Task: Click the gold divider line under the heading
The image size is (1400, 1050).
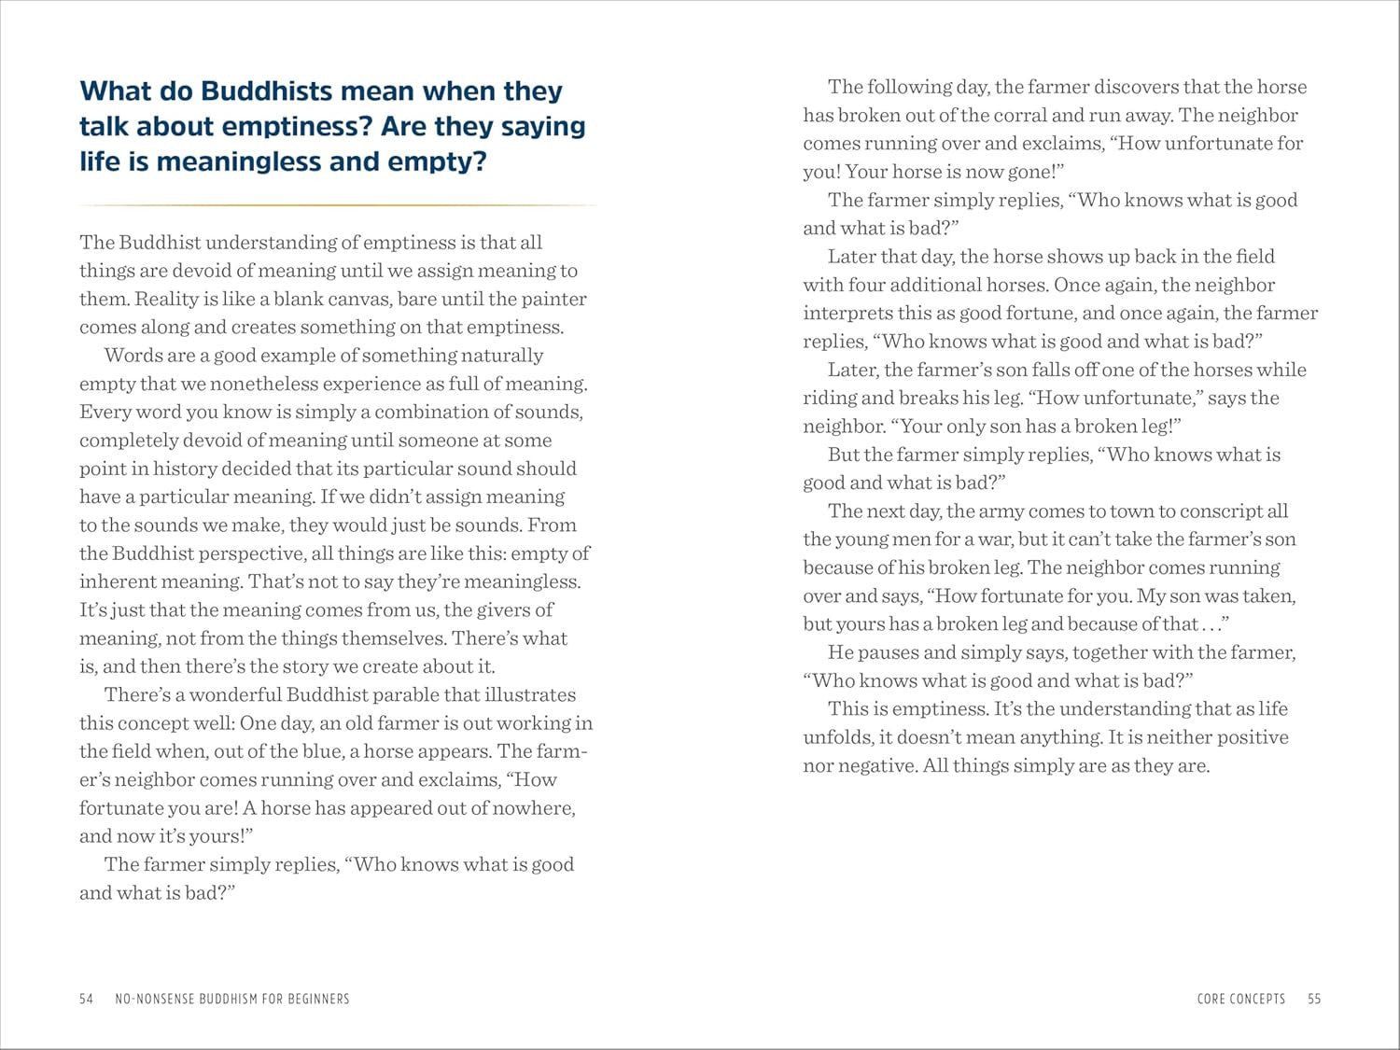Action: pos(336,204)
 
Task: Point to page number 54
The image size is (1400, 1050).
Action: pos(87,999)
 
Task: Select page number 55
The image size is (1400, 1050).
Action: pos(1314,999)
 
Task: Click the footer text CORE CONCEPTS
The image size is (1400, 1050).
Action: pos(1240,999)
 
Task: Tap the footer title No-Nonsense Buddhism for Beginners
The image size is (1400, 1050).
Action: pos(231,999)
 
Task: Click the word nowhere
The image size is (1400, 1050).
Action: pos(528,808)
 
